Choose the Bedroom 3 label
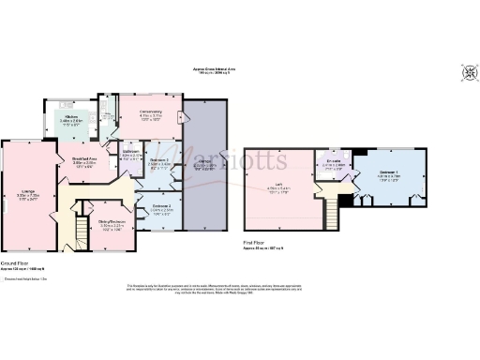point(160,160)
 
